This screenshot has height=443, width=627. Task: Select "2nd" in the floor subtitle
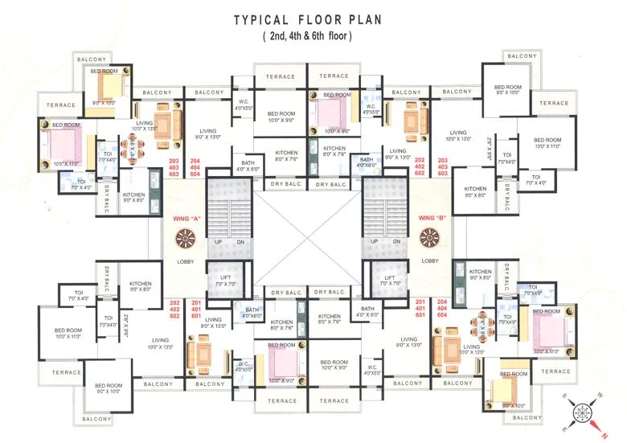point(279,37)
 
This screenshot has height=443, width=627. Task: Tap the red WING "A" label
point(186,218)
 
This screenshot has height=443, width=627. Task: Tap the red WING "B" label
point(432,218)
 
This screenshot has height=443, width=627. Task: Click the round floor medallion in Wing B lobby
point(430,238)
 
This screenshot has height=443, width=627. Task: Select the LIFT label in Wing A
point(226,277)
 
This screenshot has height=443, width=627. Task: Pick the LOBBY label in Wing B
point(430,260)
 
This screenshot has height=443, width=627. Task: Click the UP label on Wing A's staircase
point(217,242)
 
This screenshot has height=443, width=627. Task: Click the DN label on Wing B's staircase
point(396,242)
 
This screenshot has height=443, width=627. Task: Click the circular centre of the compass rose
point(580,414)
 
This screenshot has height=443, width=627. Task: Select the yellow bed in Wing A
point(105,83)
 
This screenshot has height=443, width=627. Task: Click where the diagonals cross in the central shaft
point(308,239)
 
